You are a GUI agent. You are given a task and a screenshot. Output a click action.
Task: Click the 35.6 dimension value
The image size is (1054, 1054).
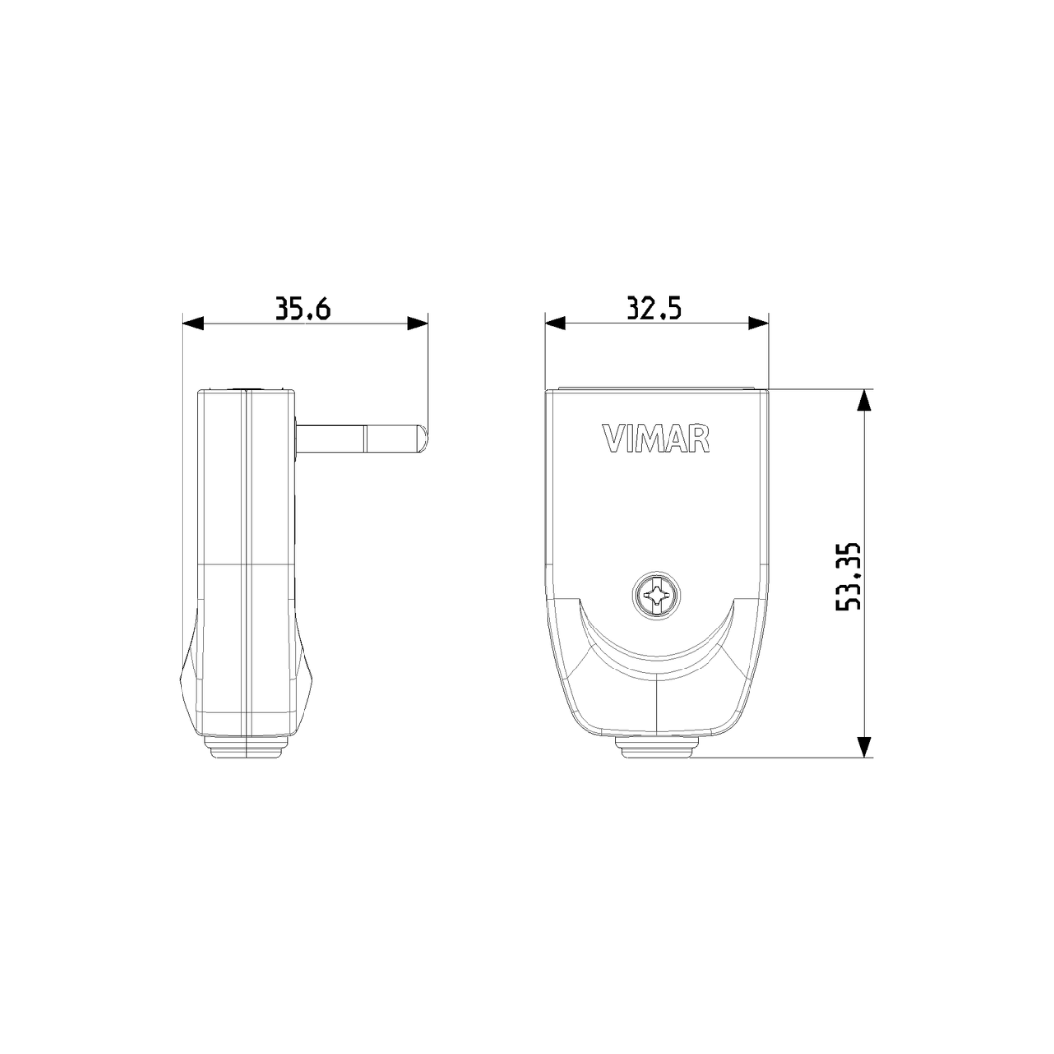coord(303,309)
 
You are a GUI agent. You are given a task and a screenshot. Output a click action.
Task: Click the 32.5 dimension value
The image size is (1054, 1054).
coord(654,309)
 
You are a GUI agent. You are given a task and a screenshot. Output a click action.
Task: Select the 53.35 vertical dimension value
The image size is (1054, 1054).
coord(849,576)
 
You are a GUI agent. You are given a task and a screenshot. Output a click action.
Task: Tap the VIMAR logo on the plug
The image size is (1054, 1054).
coord(656,439)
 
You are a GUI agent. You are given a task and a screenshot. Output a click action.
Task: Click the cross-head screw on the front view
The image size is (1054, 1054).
coord(656,595)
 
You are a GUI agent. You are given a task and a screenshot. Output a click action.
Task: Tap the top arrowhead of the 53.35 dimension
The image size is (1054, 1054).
coord(863,400)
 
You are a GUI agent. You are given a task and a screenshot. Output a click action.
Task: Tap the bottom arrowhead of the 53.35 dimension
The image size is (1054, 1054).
coord(863,747)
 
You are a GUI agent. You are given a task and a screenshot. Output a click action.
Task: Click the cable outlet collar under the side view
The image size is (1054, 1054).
coord(247,748)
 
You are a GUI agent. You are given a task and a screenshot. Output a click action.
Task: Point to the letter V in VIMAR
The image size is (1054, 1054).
coord(612,439)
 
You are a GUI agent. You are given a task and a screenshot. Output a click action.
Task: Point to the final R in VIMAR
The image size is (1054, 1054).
coord(699,439)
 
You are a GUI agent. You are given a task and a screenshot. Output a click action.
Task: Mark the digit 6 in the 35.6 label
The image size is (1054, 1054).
coord(322,309)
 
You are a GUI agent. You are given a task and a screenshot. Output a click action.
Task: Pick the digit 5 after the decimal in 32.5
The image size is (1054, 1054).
coord(672,309)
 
